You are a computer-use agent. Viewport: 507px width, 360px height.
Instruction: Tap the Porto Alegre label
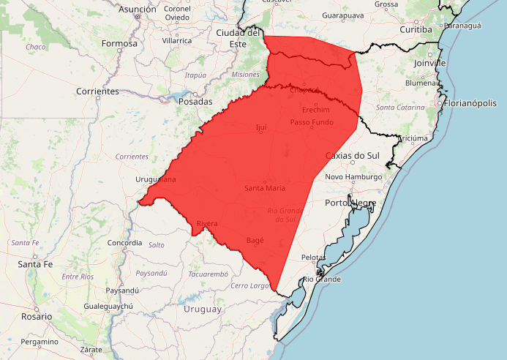click(x=351, y=203)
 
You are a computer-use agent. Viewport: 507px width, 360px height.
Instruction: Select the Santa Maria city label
click(x=265, y=188)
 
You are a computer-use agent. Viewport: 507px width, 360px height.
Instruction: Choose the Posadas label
click(x=195, y=102)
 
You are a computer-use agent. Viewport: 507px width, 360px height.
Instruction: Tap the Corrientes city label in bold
click(x=97, y=91)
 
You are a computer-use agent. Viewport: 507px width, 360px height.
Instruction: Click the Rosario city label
click(x=37, y=316)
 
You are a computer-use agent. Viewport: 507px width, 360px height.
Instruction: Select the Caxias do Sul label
click(x=353, y=156)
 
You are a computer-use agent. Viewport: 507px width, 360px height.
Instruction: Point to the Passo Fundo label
click(x=312, y=121)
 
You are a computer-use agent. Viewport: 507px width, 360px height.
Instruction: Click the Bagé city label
click(x=255, y=240)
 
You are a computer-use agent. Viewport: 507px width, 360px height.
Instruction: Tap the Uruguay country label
click(x=203, y=309)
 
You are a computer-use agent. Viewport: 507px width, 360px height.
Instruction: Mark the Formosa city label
click(x=119, y=43)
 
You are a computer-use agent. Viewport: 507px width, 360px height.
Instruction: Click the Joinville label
click(x=429, y=64)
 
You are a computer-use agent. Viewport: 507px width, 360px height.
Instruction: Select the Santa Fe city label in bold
click(x=36, y=263)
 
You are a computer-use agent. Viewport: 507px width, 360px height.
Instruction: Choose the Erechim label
click(x=316, y=109)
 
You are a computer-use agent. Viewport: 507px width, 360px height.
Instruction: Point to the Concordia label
click(x=124, y=242)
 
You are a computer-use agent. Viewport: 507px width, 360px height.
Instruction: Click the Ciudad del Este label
click(x=239, y=38)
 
